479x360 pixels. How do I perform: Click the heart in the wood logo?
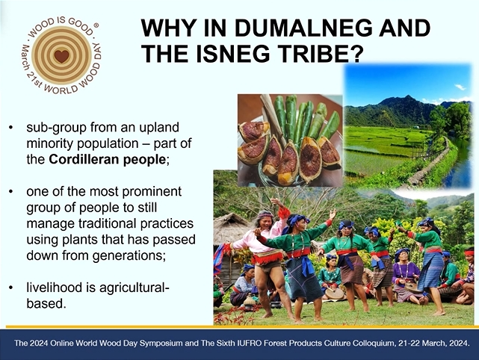click(62, 56)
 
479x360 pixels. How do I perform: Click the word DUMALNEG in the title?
click(303, 28)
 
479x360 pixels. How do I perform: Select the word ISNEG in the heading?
click(233, 53)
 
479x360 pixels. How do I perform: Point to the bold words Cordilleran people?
click(107, 159)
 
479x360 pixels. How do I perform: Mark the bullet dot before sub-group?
click(11, 128)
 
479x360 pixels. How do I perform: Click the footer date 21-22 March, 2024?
click(433, 343)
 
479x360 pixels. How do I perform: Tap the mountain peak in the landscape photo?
click(407, 98)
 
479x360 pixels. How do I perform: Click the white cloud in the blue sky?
click(460, 87)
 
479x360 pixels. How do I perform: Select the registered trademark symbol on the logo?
click(96, 26)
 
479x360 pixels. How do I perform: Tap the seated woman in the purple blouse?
click(406, 276)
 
